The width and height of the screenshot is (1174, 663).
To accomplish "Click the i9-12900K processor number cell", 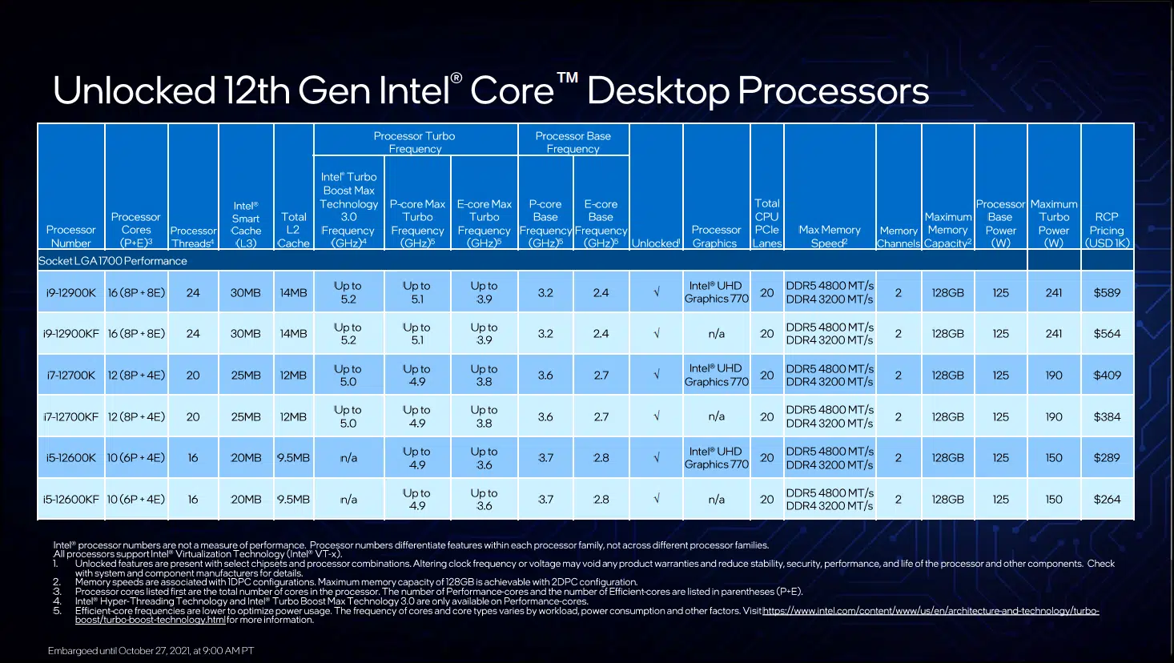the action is tap(70, 292).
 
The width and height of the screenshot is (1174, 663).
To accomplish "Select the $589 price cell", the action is tap(1107, 292).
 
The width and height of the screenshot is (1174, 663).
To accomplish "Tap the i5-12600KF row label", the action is tap(70, 500).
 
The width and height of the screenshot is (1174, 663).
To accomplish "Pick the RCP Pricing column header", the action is tap(1107, 230).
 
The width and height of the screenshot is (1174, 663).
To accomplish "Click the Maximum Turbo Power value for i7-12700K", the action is tap(1053, 376).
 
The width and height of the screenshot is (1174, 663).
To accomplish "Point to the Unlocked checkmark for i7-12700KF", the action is tap(656, 416).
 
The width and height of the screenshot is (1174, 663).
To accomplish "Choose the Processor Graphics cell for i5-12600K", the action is tap(717, 457).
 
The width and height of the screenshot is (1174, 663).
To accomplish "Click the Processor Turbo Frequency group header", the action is tap(415, 142).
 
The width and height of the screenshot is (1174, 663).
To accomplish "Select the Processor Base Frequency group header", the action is tap(573, 142).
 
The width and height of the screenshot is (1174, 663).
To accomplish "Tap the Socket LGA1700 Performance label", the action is tap(113, 261).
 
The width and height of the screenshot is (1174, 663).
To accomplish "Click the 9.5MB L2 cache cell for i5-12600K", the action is tap(293, 457).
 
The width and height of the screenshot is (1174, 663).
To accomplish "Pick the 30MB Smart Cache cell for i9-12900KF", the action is tap(245, 333).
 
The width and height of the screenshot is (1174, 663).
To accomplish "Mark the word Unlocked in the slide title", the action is tap(135, 90).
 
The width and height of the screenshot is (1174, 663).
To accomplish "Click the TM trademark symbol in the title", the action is tap(568, 78).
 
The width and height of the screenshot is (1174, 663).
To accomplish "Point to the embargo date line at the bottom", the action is tap(151, 650).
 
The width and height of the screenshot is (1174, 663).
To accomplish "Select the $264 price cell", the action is tap(1107, 500).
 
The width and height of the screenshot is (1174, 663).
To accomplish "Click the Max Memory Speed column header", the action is tap(830, 236).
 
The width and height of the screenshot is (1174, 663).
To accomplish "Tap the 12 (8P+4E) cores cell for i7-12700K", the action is tap(136, 376).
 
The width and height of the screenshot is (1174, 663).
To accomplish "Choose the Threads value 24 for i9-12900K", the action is tap(193, 292).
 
